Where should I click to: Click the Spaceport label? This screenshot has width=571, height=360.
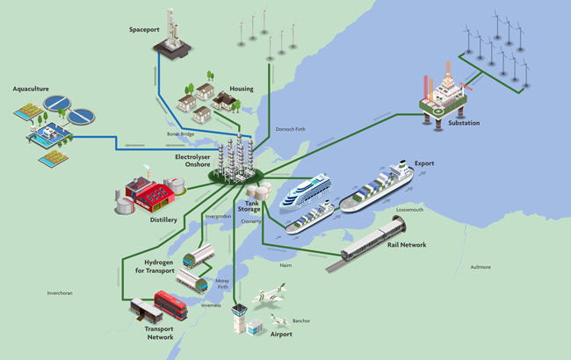[x=143, y=30]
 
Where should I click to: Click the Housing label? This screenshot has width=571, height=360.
[x=241, y=89]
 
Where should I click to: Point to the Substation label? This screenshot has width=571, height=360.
[x=464, y=123]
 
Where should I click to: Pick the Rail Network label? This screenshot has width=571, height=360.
[x=406, y=245]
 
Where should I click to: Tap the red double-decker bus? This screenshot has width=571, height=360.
[x=170, y=305]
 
